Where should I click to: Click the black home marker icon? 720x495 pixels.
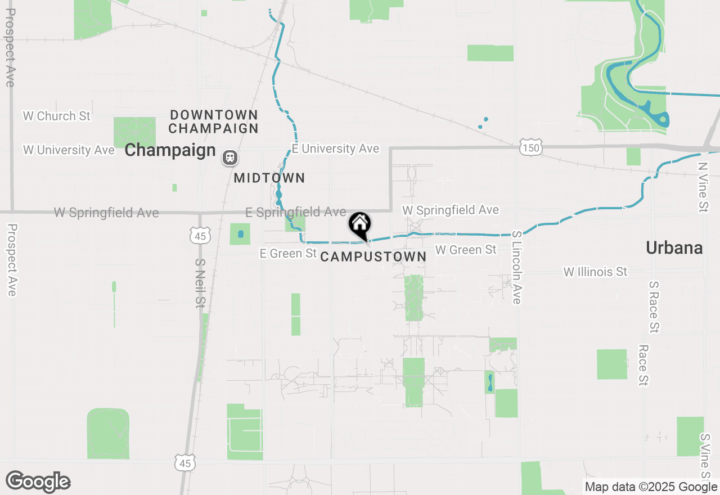[x=360, y=224]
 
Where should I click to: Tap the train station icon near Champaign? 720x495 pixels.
[x=229, y=157]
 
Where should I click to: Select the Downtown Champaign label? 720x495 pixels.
[x=214, y=121]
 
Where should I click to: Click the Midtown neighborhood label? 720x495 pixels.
[x=269, y=178]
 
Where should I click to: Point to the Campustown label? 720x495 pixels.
[x=373, y=257]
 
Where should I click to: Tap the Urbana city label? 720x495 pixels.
[x=674, y=247]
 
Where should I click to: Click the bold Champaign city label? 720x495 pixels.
[x=170, y=150]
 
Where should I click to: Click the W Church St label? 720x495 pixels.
[x=56, y=116]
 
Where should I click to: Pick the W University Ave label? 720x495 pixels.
[x=69, y=150]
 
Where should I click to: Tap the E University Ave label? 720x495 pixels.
[x=335, y=148]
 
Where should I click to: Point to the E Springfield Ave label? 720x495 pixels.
[x=296, y=212]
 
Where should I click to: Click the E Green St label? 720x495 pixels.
[x=288, y=254]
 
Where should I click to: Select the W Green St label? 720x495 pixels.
[x=466, y=249]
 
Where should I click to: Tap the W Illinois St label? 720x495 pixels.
[x=595, y=272]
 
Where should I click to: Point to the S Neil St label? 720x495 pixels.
[x=200, y=283]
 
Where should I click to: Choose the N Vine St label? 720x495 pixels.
[x=702, y=187]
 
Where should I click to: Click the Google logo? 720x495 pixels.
[x=38, y=481]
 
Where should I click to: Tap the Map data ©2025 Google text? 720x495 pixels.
[x=651, y=487]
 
